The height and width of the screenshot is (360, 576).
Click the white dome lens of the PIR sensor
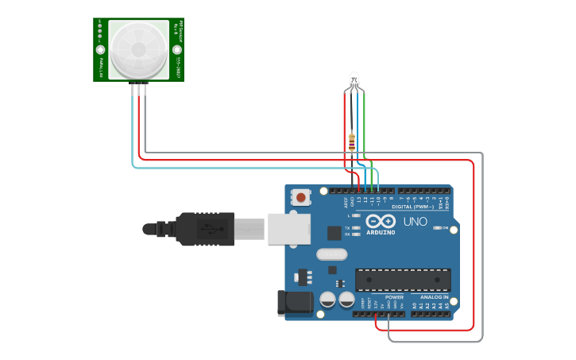coord(138,49)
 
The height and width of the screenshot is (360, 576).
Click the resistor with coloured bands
coord(352,141)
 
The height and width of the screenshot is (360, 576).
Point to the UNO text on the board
coord(416,222)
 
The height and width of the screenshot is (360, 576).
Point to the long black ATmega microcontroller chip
coord(403,280)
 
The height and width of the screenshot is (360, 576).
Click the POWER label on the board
coord(394,296)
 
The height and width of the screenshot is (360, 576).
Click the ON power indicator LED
coord(437,229)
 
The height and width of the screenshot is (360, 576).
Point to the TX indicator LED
coord(355,228)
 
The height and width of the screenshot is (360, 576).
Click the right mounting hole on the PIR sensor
coord(176,49)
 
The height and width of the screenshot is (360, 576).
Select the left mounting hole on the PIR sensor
coord(101,49)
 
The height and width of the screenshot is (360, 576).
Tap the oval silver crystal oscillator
coord(331,255)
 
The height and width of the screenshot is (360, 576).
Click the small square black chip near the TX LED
coord(334,233)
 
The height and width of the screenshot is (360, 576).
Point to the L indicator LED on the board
coord(355,215)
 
